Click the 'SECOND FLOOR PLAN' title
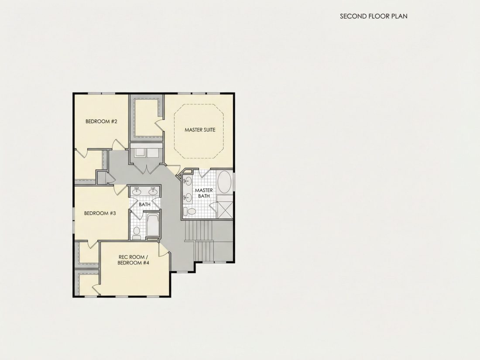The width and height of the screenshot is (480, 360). pyautogui.click(x=374, y=16)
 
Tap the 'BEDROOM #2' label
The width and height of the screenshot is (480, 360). pyautogui.click(x=101, y=122)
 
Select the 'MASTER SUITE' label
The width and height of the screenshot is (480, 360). pyautogui.click(x=200, y=130)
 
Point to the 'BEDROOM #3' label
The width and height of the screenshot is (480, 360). pyautogui.click(x=100, y=213)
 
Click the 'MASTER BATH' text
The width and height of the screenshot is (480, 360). pyautogui.click(x=204, y=193)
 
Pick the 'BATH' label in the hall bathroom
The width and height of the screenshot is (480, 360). pyautogui.click(x=144, y=204)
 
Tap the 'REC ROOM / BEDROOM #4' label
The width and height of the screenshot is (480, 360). pyautogui.click(x=133, y=260)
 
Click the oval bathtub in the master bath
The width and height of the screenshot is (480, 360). pyautogui.click(x=225, y=182)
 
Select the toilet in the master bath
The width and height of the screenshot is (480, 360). pyautogui.click(x=190, y=211)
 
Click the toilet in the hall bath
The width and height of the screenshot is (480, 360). pyautogui.click(x=137, y=233)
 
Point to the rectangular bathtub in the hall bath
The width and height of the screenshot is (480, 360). pyautogui.click(x=152, y=225)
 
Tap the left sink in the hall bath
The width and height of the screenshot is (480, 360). pyautogui.click(x=136, y=191)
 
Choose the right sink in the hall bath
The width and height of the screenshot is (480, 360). pyautogui.click(x=153, y=191)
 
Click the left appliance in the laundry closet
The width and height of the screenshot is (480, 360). pyautogui.click(x=140, y=152)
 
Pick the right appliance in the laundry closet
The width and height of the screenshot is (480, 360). pyautogui.click(x=152, y=152)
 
